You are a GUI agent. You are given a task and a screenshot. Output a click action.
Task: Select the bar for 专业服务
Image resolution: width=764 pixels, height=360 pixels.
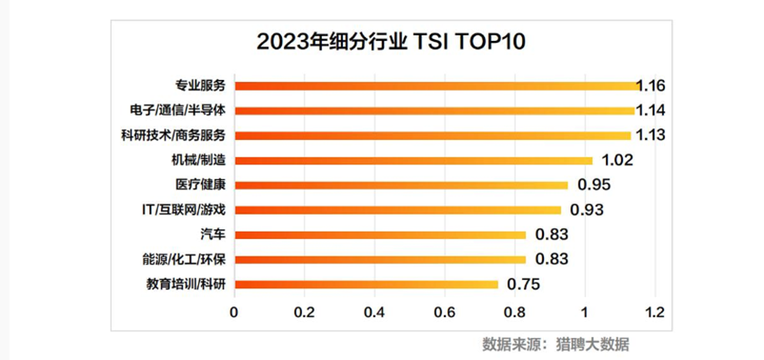pos(437,85)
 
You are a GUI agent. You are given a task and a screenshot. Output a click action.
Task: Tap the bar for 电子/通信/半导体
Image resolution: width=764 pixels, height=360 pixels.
pos(434,110)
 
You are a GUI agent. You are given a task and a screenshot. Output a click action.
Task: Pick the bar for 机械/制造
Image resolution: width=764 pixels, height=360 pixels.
pos(413,160)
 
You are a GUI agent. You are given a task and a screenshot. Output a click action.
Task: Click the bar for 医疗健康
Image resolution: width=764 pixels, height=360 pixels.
pos(400,185)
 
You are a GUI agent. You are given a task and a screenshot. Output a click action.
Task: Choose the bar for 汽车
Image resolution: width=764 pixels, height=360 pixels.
pos(379,235)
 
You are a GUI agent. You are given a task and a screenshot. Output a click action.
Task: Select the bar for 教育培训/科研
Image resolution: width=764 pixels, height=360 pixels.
pos(366,284)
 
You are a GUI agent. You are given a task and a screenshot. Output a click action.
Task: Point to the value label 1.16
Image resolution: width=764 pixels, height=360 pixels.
pos(651,85)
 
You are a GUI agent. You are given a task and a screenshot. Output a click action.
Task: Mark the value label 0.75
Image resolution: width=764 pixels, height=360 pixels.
pos(523,285)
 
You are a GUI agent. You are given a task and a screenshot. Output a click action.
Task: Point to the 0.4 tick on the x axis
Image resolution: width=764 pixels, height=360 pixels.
pos(374,312)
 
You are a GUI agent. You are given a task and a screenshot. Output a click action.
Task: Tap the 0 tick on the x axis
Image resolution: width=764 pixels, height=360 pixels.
pos(234,312)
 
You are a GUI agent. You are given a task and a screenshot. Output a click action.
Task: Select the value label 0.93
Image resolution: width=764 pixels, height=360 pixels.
pos(587,210)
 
